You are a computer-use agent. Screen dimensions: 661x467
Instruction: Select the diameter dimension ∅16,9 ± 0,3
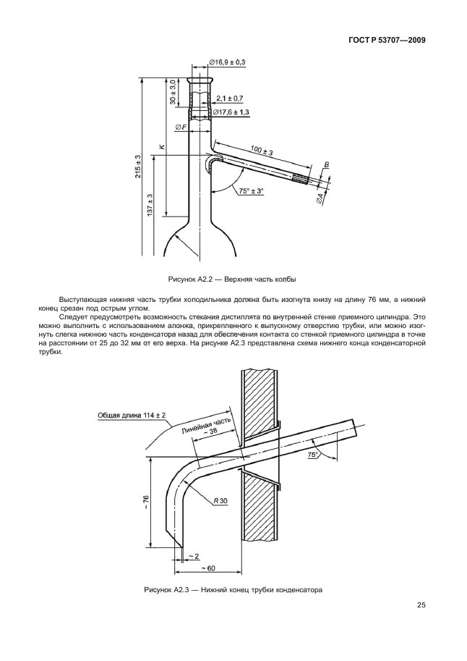pyautogui.click(x=228, y=63)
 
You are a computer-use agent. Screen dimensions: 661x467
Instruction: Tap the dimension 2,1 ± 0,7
pyautogui.click(x=230, y=98)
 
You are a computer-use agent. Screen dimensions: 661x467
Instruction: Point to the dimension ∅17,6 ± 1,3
pyautogui.click(x=229, y=112)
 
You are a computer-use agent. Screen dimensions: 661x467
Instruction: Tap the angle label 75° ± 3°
pyautogui.click(x=250, y=191)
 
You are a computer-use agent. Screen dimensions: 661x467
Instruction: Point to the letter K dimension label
pyautogui.click(x=162, y=147)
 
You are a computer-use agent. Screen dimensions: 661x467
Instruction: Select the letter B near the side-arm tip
pyautogui.click(x=327, y=166)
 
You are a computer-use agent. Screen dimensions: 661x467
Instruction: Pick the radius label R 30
pyautogui.click(x=220, y=500)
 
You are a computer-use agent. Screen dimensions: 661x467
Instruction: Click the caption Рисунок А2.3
pyautogui.click(x=232, y=589)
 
